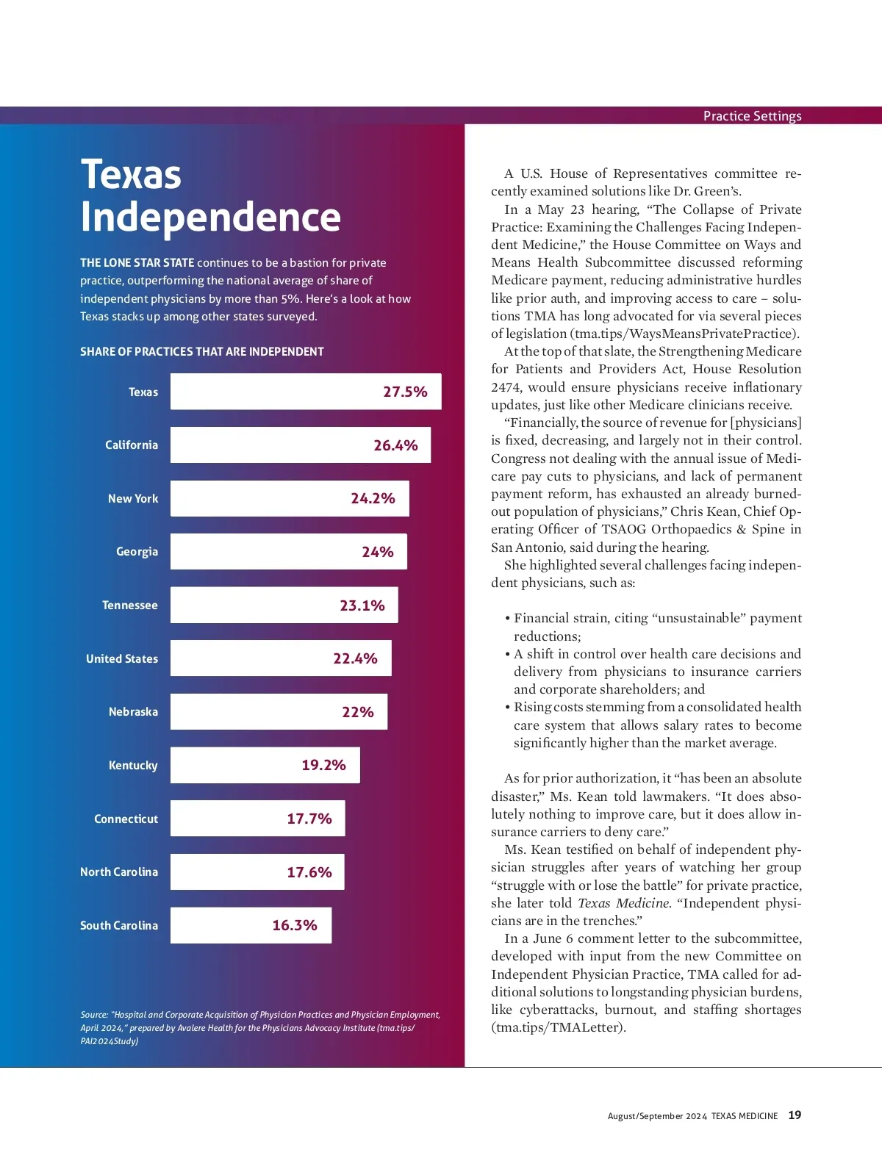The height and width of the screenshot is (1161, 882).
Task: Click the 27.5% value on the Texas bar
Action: [x=405, y=392]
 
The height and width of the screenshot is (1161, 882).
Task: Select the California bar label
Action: [x=132, y=445]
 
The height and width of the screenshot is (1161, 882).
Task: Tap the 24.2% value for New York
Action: [x=373, y=498]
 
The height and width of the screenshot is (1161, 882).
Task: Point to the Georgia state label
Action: [x=137, y=552]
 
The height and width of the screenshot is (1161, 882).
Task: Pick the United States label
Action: [x=122, y=658]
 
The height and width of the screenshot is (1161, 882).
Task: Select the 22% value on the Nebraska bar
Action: [x=358, y=712]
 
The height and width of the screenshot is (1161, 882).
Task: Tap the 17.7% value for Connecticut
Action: [x=309, y=819]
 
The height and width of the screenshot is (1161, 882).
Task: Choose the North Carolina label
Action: [x=119, y=872]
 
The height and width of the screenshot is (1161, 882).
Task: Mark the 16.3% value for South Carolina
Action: [x=295, y=925]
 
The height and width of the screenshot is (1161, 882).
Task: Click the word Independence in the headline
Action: [x=210, y=217]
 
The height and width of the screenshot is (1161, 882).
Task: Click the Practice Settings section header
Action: [x=752, y=116]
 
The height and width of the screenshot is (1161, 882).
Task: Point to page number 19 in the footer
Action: [x=795, y=1115]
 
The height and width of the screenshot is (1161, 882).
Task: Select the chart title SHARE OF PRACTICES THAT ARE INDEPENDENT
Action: [x=202, y=352]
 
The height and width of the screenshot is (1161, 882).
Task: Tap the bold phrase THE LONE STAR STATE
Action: [x=137, y=263]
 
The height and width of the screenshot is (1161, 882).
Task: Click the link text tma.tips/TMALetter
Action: [x=558, y=1027]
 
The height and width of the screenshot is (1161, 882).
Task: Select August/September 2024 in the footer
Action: [x=657, y=1116]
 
